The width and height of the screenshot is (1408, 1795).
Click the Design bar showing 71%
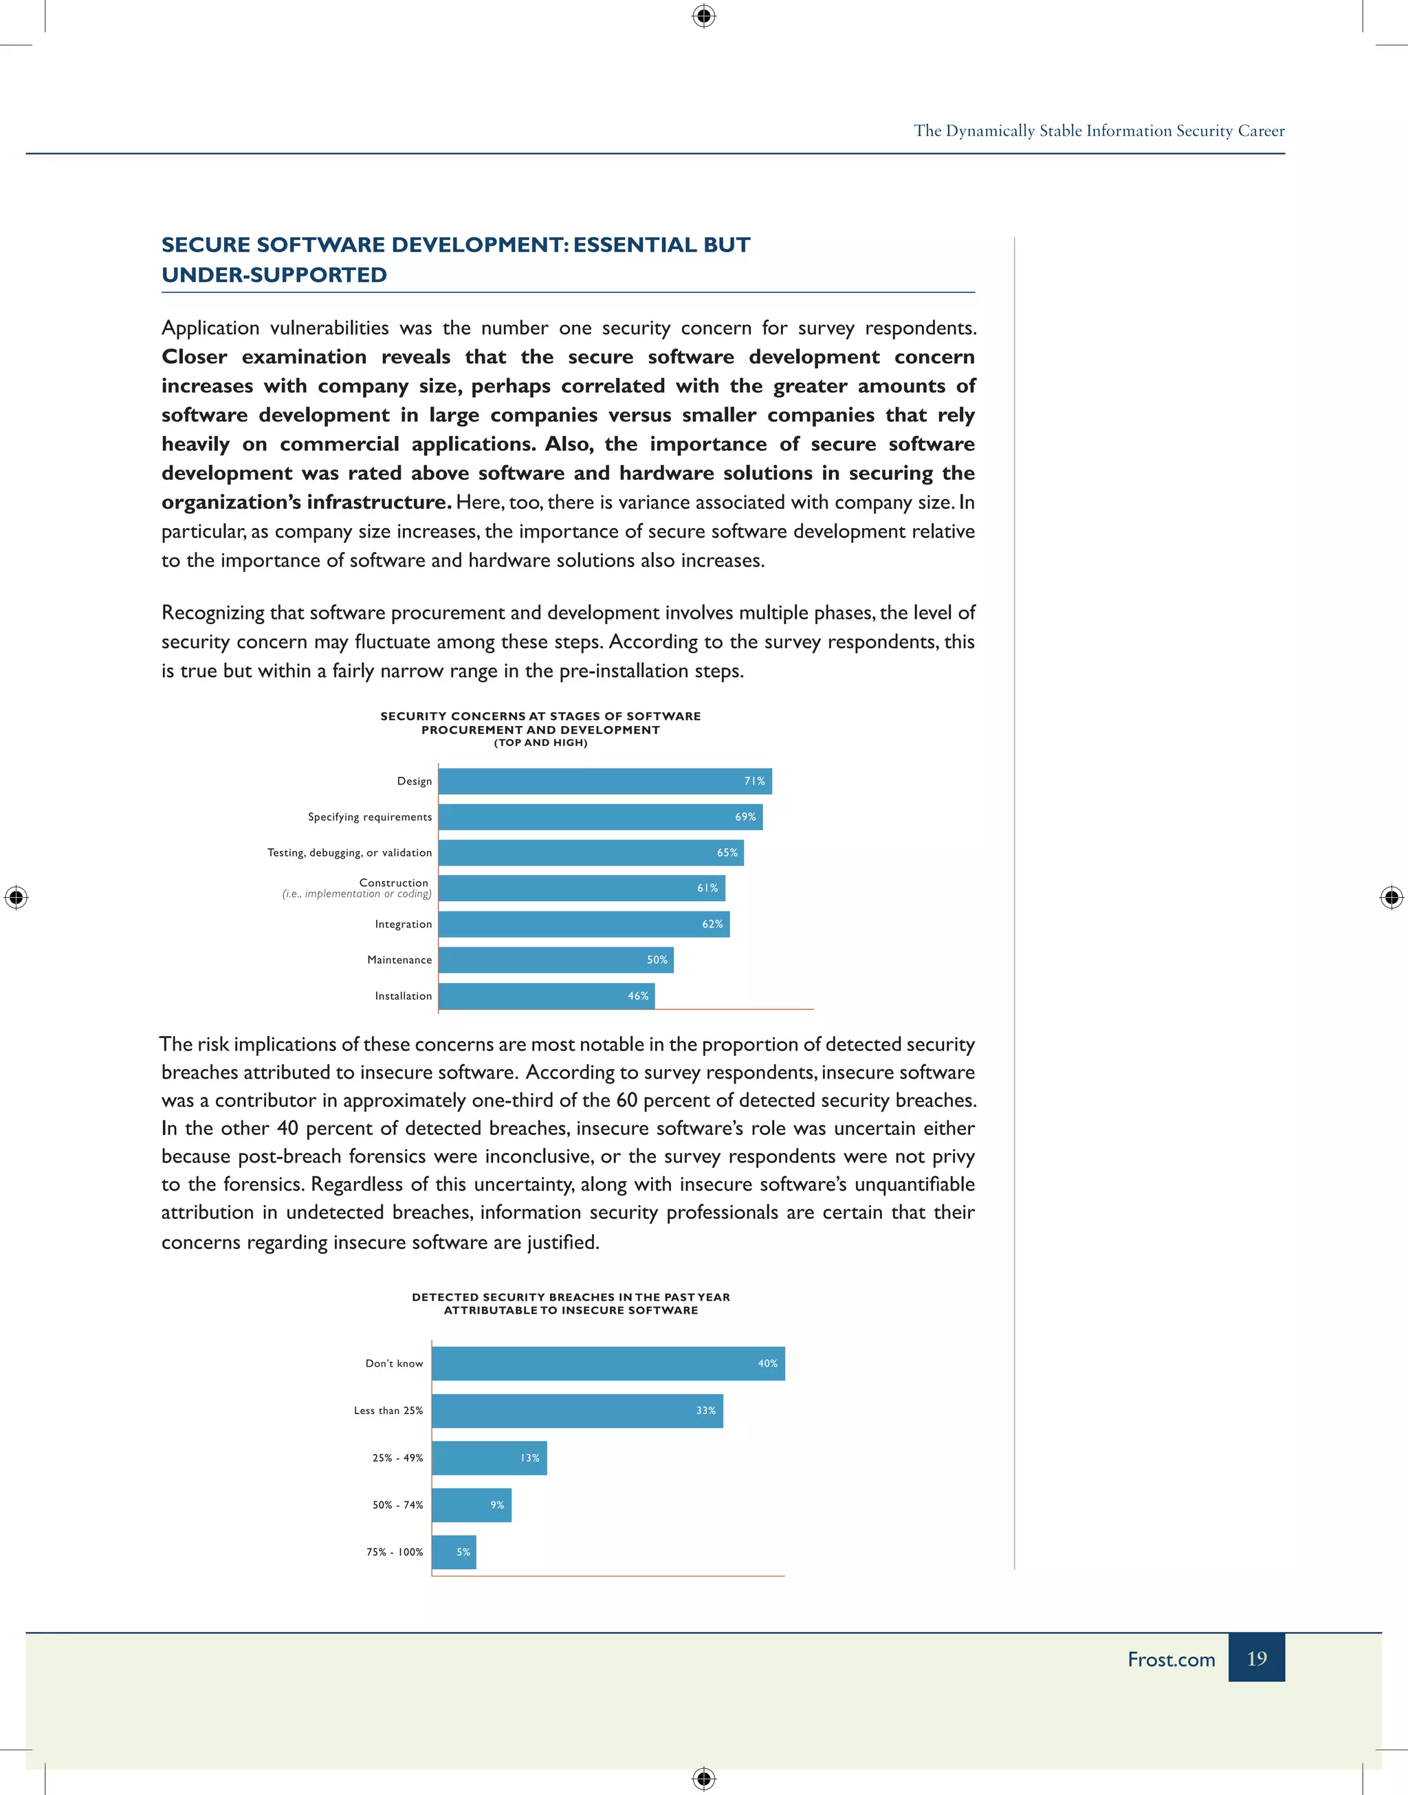point(604,780)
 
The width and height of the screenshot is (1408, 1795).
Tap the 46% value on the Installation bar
point(637,995)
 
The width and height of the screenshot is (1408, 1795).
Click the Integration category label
point(403,924)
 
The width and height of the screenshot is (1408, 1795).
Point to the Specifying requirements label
point(369,817)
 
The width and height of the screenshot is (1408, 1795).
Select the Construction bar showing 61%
point(581,888)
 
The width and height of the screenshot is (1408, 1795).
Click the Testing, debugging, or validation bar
point(591,852)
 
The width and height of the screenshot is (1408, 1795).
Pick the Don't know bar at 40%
point(608,1363)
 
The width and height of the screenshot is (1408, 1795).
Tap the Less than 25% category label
point(388,1410)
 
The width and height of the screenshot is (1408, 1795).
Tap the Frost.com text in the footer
point(1171,1659)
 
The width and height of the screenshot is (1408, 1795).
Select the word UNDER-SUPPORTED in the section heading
point(274,274)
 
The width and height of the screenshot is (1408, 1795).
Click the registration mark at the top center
point(703,16)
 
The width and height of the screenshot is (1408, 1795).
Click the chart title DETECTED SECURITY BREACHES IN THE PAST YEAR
point(571,1297)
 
